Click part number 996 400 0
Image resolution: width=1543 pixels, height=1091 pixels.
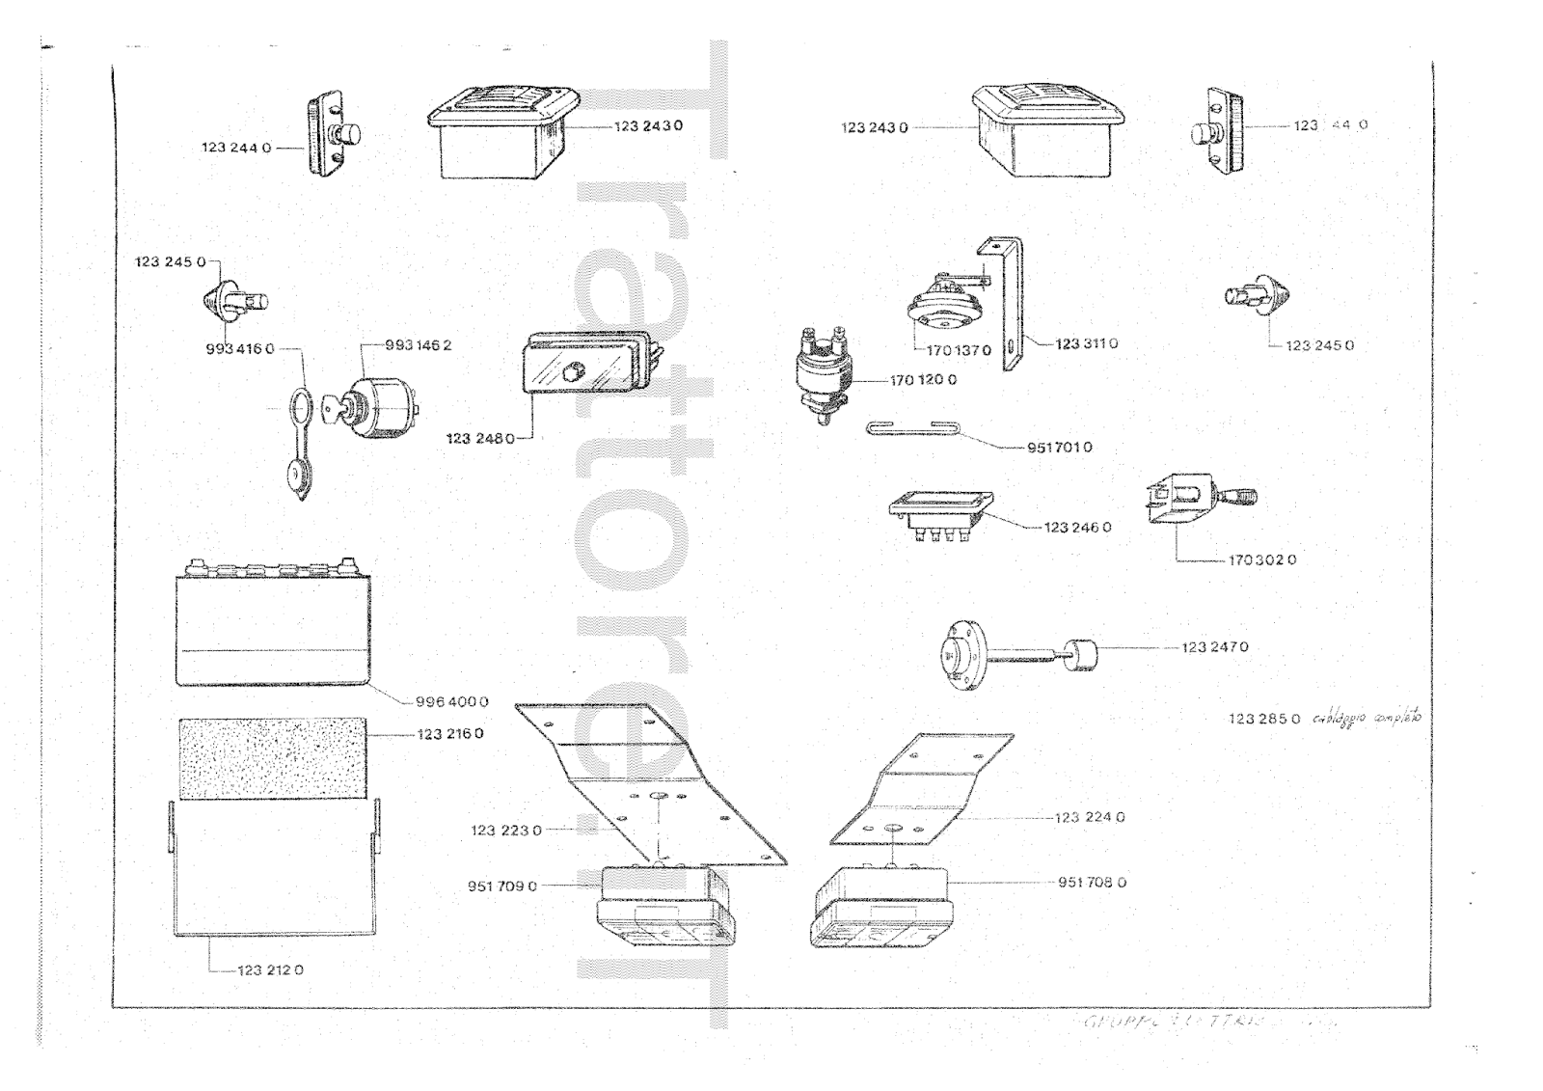pos(451,702)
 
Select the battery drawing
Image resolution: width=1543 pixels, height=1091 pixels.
pos(273,625)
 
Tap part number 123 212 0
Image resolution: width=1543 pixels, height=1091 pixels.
pos(270,970)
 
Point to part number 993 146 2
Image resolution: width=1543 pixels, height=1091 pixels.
pos(418,345)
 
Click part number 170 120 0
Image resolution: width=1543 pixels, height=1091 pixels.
pos(923,380)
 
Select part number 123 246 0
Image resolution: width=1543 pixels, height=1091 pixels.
pos(1077,528)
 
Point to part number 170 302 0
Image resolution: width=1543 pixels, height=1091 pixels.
pos(1261,559)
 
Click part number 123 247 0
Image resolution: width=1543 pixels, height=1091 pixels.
pos(1214,647)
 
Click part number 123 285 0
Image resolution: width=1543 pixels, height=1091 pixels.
pos(1263,719)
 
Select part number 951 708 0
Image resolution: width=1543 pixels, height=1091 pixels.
pos(1092,882)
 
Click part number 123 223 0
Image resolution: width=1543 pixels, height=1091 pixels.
pos(506,830)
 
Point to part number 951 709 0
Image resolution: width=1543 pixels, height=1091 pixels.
pos(502,886)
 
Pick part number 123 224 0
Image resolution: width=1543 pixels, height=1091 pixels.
pos(1090,817)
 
